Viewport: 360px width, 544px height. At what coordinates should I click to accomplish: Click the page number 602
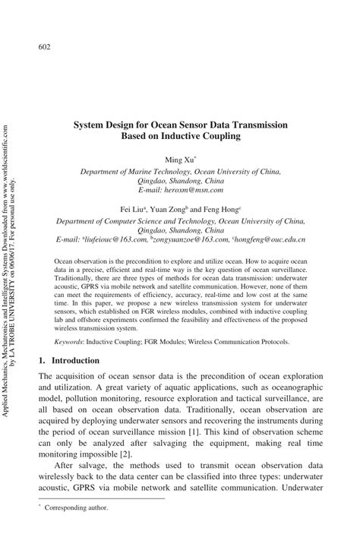point(44,48)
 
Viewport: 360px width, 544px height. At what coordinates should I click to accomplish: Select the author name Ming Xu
point(178,160)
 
